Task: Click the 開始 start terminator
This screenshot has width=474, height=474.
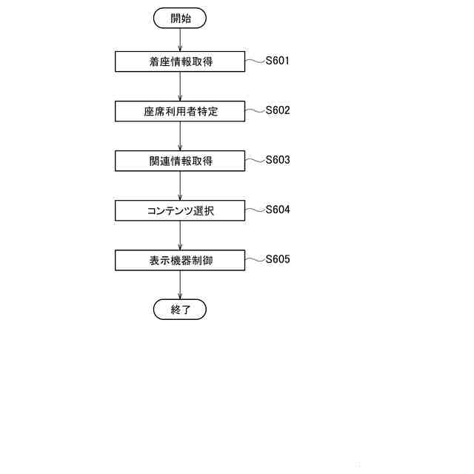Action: click(x=180, y=19)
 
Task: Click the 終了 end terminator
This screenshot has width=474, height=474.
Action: click(x=180, y=310)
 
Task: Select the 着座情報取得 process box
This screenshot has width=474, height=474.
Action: click(x=180, y=61)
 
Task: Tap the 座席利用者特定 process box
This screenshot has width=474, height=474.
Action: click(x=180, y=111)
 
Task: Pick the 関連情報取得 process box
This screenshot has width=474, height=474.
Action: click(x=180, y=161)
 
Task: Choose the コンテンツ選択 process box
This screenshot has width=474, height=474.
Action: click(x=180, y=210)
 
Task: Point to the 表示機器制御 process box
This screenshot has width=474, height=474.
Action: click(x=180, y=260)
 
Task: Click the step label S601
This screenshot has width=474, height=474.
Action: click(x=278, y=61)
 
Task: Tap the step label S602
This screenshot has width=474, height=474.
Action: click(x=278, y=110)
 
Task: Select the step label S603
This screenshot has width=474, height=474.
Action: click(x=278, y=160)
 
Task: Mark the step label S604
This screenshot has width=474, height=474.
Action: click(x=278, y=210)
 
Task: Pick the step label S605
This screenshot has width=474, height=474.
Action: click(x=278, y=259)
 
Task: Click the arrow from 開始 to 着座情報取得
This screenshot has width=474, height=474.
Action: click(x=180, y=40)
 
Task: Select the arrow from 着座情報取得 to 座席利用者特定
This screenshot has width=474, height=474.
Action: click(x=180, y=87)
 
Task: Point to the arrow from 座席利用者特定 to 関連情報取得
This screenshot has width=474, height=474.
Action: click(x=180, y=136)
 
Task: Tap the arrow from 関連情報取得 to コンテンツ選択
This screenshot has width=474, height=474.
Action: click(x=180, y=186)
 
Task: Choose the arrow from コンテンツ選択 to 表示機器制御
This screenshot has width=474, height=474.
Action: click(x=180, y=236)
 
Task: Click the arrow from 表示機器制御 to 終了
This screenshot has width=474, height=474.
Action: click(x=180, y=285)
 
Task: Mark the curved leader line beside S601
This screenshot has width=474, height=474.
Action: click(x=256, y=61)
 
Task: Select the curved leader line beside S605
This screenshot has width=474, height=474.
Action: click(x=256, y=260)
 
